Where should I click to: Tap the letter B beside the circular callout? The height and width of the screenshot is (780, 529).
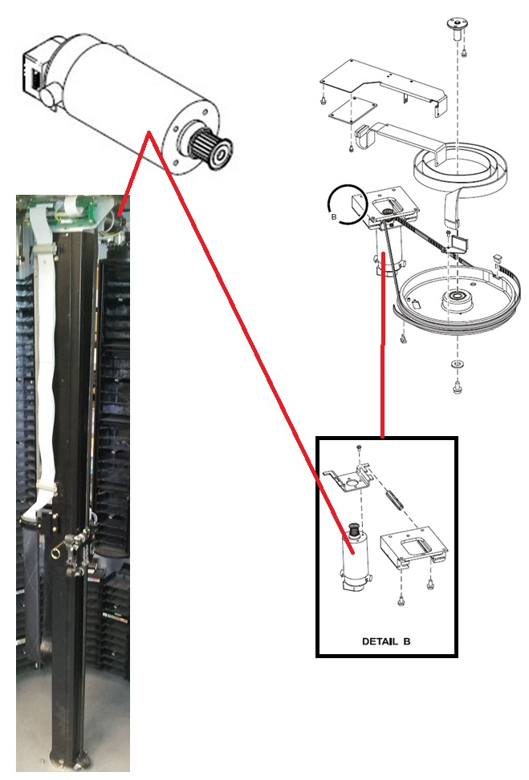tap(334, 217)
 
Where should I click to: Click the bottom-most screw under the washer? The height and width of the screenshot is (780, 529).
tap(457, 386)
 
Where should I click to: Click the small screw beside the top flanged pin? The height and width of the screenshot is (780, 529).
tap(464, 50)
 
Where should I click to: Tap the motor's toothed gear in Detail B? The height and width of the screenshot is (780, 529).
tap(355, 530)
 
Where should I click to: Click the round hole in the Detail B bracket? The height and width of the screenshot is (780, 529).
tap(352, 483)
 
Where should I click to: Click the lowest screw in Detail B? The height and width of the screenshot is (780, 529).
tap(401, 601)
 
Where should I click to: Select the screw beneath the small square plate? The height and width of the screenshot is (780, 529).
tap(351, 148)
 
